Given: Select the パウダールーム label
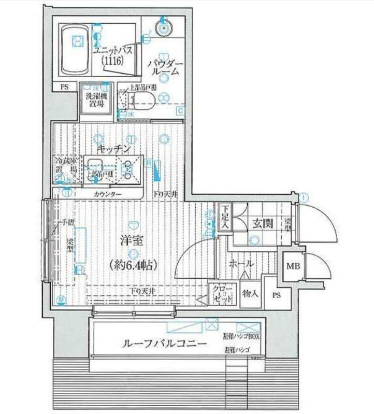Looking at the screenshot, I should pos(164,67).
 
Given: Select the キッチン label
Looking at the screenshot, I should pos(116,149).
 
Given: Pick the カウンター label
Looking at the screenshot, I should pos(108,194).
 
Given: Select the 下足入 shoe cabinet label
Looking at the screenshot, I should pos(224,214).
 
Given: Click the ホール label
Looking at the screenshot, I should pos(241,263).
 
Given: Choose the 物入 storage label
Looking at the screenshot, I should pos(251,294).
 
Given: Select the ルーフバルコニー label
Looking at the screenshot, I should pos(164,344).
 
